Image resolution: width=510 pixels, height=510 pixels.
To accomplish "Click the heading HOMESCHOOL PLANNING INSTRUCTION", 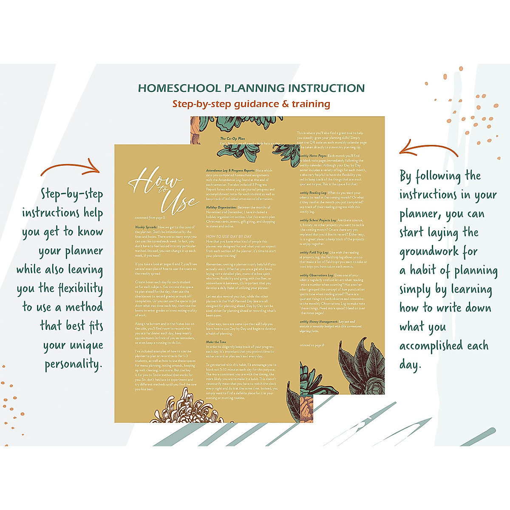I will [251, 88].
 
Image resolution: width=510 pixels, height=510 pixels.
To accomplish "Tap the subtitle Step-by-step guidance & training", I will [251, 104].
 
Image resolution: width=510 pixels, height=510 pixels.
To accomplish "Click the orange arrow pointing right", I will [70, 167].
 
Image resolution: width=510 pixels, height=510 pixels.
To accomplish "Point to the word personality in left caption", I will [74, 364].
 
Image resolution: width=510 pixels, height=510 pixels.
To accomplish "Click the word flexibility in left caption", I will [80, 289].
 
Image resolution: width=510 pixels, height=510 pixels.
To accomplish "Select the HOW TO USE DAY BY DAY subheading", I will [229, 236].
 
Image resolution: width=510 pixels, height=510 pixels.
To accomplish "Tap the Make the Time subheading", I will [216, 342].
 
